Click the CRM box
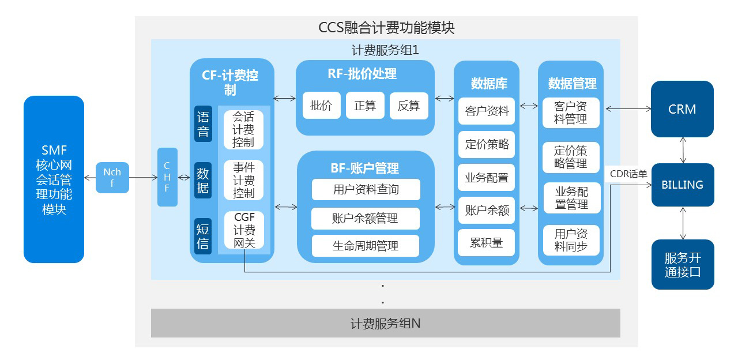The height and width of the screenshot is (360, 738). coord(682,109)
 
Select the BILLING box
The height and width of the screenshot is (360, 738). coord(683,185)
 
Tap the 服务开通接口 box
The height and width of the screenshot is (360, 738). coord(683,265)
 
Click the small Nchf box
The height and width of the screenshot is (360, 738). coord(112,177)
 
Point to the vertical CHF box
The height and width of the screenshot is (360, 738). coord(167,177)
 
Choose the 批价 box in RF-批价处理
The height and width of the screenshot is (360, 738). coord(321,106)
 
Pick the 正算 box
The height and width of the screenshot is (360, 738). coord(365,106)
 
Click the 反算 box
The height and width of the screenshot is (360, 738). coord(409,106)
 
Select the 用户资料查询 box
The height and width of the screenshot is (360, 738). coord(366,189)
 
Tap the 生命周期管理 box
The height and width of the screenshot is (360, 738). coord(366,246)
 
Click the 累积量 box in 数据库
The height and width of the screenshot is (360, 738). coord(487,243)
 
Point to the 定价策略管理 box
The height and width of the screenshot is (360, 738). coord(571,157)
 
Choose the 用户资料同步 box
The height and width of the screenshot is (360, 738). coord(571,241)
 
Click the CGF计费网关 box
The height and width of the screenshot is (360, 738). coord(244,230)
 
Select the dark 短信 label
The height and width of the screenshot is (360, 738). coord(203,237)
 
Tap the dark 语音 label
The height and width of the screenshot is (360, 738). coord(203,124)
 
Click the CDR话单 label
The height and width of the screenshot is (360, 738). coord(628,174)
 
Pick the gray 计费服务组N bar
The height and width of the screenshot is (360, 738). coord(385,323)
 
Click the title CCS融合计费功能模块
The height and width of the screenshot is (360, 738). coord(386,28)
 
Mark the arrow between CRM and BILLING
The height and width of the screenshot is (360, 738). coord(683,150)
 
